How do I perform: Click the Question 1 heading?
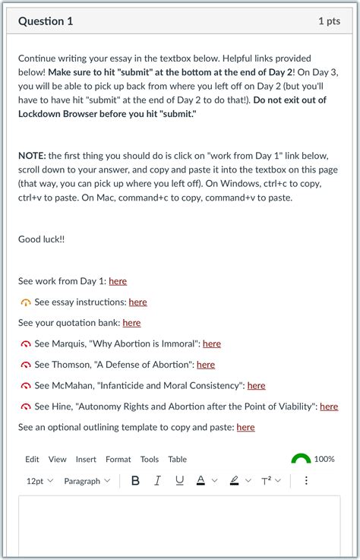tap(46, 21)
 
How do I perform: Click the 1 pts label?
tap(329, 21)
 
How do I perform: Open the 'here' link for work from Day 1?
tap(118, 281)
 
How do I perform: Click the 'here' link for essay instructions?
tap(137, 302)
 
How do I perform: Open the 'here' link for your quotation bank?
tap(131, 323)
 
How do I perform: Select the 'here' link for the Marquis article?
tap(212, 343)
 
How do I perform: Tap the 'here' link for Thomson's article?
tap(206, 365)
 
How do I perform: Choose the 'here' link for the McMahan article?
tap(256, 385)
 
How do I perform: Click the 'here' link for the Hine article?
tap(329, 407)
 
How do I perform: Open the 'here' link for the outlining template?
tap(245, 427)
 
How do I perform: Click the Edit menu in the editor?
tap(32, 459)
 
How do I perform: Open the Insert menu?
tap(86, 459)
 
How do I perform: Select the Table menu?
tap(177, 459)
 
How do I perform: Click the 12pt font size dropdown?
tap(39, 481)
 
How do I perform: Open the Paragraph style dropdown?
tap(87, 481)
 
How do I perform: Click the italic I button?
tap(157, 481)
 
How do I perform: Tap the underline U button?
tap(179, 481)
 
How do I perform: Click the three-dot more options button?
tap(306, 481)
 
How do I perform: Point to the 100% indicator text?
tap(324, 459)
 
